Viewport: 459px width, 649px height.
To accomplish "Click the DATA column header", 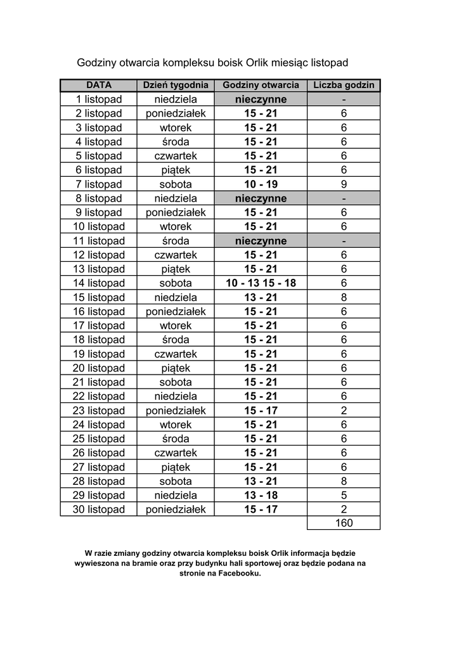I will (99, 85).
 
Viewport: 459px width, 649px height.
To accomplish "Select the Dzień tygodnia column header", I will (176, 85).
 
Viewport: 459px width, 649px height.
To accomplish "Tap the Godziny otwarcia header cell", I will (261, 85).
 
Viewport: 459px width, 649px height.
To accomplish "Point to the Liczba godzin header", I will (344, 85).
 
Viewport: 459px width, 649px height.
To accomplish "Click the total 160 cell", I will (344, 524).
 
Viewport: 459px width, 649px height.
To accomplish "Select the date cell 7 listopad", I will (99, 184).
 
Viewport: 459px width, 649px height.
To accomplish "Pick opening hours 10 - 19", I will (261, 184).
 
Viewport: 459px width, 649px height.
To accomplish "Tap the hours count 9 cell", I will (344, 184).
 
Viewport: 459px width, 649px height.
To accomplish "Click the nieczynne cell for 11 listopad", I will (261, 241).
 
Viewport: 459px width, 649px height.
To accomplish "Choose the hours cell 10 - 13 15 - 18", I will (261, 283).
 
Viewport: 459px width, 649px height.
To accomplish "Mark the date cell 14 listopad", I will (99, 283).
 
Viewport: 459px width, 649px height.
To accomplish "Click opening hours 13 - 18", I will (261, 495).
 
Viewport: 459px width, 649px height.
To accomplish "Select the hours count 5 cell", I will (344, 495).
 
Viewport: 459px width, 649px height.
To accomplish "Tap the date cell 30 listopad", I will (99, 510).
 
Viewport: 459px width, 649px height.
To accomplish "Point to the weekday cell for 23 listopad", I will (176, 411).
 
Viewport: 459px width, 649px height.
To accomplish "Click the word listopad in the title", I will (328, 63).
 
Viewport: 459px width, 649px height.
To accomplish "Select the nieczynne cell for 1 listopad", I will (261, 100).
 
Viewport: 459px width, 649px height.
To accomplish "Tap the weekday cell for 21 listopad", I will (176, 382).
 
